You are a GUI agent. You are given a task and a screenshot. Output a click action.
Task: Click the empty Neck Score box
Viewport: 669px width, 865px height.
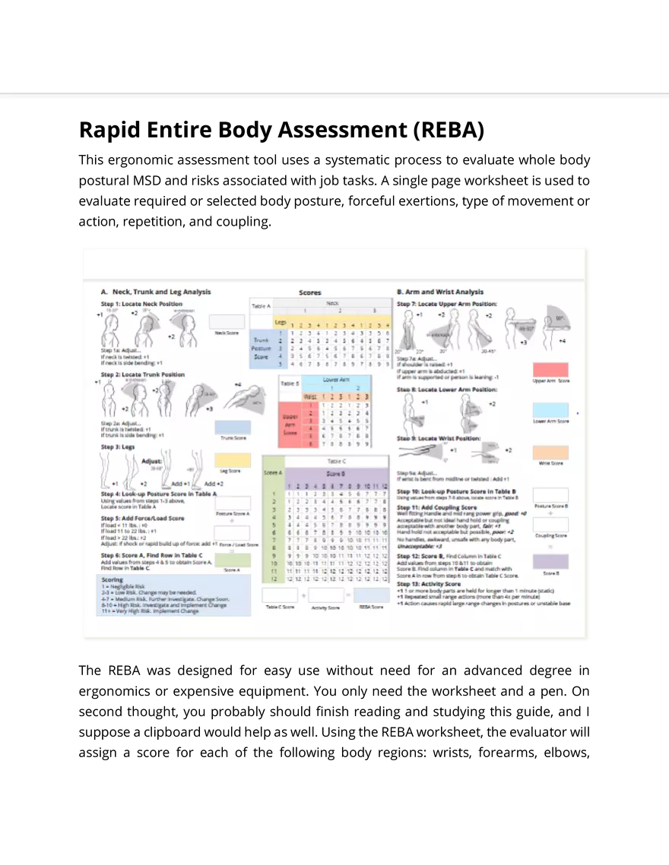tap(227, 322)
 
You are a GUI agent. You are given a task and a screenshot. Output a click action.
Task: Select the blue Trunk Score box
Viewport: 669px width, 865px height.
tap(233, 428)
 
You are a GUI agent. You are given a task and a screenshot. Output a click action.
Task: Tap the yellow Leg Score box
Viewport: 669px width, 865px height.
tap(233, 460)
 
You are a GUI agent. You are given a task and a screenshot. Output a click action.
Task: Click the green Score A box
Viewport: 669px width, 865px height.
tap(233, 560)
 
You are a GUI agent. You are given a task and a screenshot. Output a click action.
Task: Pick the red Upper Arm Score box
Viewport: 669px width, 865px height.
tap(550, 370)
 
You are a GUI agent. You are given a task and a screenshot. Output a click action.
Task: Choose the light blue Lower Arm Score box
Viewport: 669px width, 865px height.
tap(550, 410)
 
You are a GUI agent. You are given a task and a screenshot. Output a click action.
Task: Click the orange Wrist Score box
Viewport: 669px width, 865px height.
tap(550, 453)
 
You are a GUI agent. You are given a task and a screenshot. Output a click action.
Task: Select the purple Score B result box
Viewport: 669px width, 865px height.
tap(550, 562)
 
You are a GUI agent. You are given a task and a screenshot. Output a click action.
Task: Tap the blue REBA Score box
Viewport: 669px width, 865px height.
tap(372, 595)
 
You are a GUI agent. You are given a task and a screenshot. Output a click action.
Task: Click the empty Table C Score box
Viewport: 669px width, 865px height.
tap(280, 595)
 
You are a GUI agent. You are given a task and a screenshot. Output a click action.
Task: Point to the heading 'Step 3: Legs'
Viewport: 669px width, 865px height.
tap(118, 447)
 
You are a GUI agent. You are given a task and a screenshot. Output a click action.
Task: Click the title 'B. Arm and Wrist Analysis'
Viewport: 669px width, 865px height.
tap(440, 292)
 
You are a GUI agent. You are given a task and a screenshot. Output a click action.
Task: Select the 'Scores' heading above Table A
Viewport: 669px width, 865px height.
tap(310, 292)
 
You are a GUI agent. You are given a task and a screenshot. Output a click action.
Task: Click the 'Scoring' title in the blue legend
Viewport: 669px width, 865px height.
tap(113, 579)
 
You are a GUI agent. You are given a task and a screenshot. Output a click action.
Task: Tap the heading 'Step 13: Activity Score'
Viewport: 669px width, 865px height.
tap(429, 584)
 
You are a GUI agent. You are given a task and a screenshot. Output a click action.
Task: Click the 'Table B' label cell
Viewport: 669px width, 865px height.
tap(289, 384)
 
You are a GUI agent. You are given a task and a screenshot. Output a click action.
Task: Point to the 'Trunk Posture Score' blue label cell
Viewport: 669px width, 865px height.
tap(261, 349)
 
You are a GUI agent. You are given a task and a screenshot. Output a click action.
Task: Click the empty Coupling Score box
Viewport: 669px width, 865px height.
tap(550, 526)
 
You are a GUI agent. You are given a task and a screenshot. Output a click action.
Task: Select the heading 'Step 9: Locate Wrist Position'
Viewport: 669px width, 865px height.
tap(438, 439)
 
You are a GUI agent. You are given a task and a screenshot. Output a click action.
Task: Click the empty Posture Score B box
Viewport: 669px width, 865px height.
tap(550, 496)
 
